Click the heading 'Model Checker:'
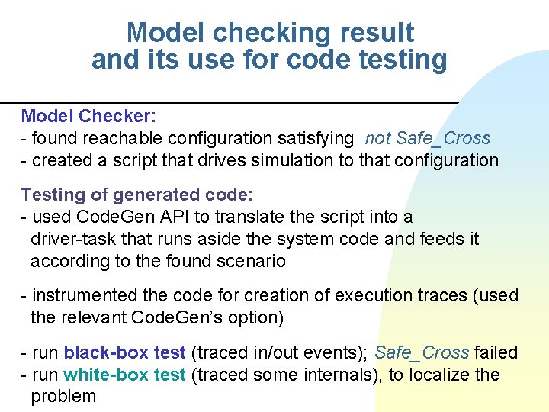[x=88, y=116]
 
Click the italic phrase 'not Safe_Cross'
[x=427, y=138]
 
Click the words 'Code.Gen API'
[x=126, y=217]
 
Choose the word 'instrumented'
[x=83, y=295]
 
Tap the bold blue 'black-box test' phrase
[x=124, y=352]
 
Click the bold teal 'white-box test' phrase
[x=124, y=375]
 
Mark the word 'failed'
[x=496, y=352]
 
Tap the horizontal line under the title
[x=229, y=102]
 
